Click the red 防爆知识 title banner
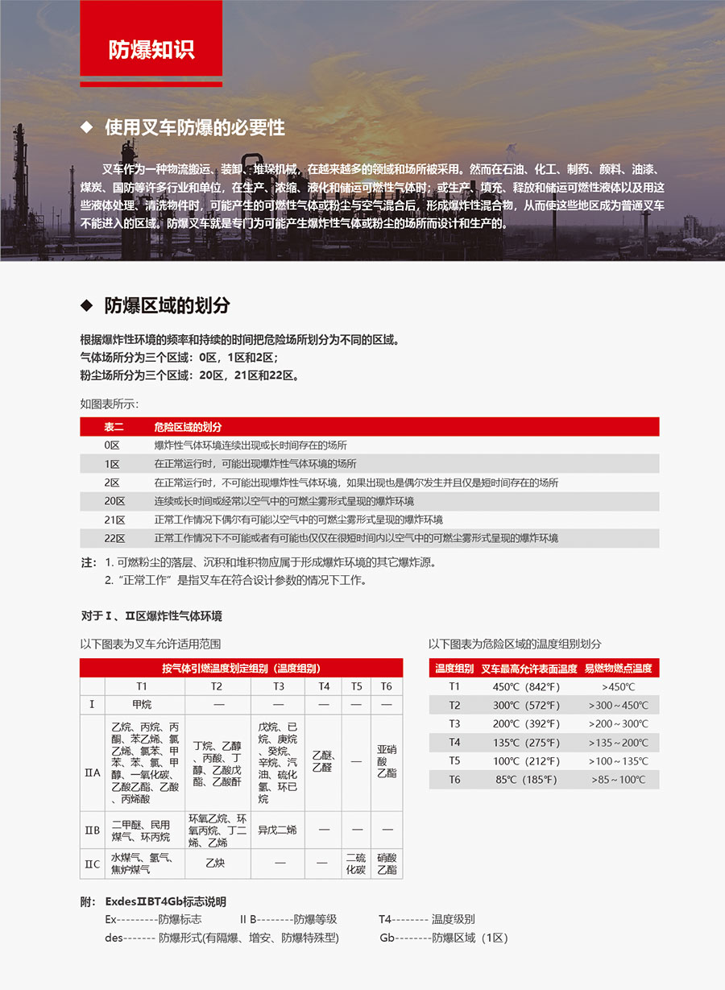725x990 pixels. [151, 49]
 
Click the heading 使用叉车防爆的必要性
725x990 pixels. [194, 127]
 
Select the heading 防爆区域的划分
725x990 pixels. [167, 305]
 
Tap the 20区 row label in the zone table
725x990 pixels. [114, 501]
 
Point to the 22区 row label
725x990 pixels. [114, 538]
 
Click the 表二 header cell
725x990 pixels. [114, 426]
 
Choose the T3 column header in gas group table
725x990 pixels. [278, 686]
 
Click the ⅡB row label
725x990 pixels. [93, 830]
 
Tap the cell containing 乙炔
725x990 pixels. [215, 864]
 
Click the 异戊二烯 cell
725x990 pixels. [278, 830]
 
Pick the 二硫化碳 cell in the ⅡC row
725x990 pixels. [355, 864]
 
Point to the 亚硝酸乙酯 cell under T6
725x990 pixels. [387, 760]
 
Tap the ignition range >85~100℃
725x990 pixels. [618, 779]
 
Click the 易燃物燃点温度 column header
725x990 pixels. [618, 668]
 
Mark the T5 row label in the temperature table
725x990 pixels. [454, 760]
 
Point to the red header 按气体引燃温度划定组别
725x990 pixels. [241, 668]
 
